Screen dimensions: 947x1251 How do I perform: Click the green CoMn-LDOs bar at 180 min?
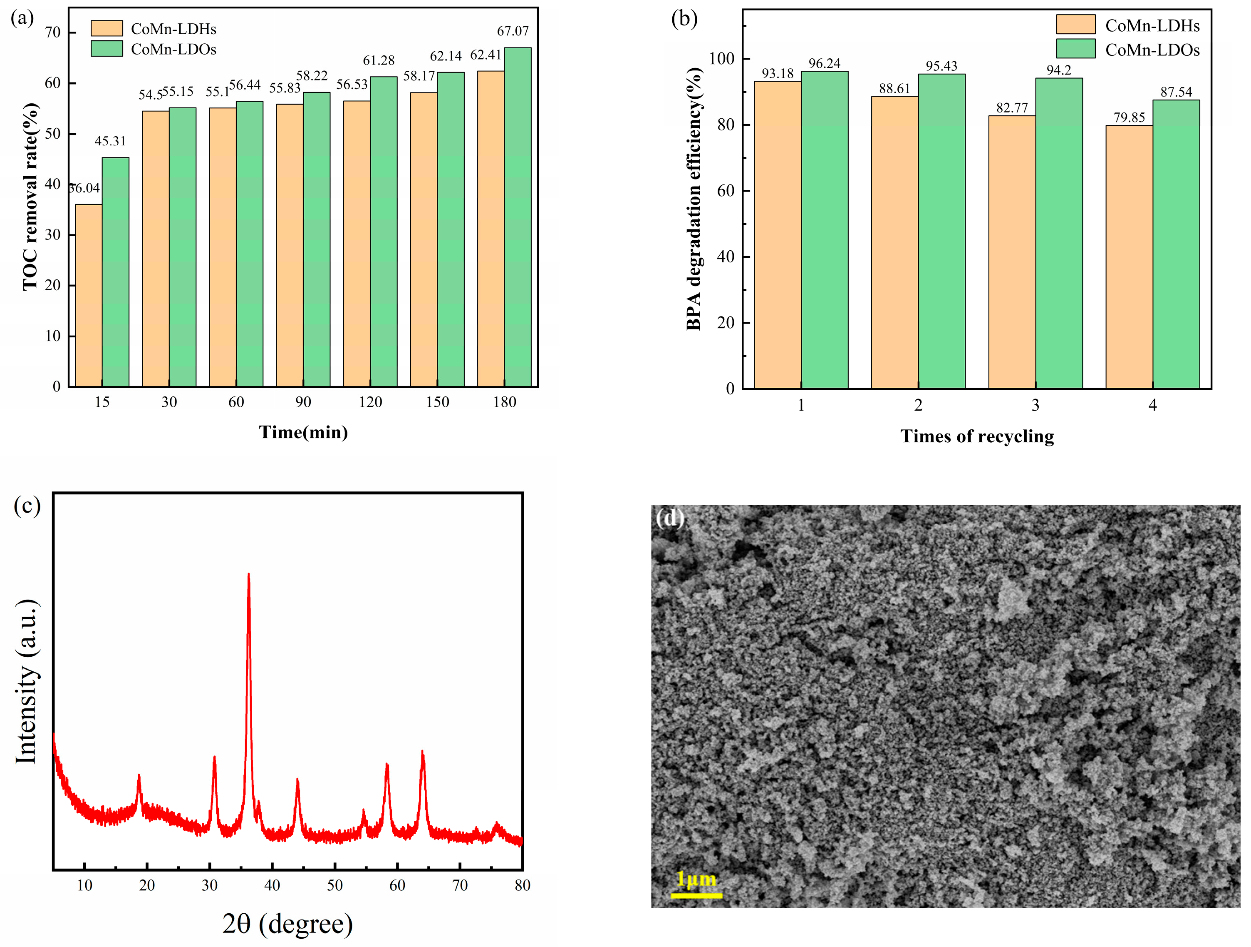(x=518, y=218)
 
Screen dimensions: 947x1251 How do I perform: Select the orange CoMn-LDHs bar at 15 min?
(x=89, y=296)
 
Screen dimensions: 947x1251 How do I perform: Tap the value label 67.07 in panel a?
(x=513, y=31)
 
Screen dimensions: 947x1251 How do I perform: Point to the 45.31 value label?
(x=110, y=141)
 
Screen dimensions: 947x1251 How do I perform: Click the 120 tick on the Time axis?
(x=370, y=402)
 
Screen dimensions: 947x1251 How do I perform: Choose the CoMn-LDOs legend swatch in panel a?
(x=107, y=49)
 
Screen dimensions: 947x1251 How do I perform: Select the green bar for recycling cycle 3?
(x=1059, y=233)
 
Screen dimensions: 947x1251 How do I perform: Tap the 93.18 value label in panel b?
(x=778, y=74)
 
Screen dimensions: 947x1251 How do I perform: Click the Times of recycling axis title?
(x=977, y=436)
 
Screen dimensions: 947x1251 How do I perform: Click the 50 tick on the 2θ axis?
(x=335, y=886)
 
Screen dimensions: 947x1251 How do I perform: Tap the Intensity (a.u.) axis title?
(x=27, y=682)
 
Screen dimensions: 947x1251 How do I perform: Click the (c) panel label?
(x=27, y=506)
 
